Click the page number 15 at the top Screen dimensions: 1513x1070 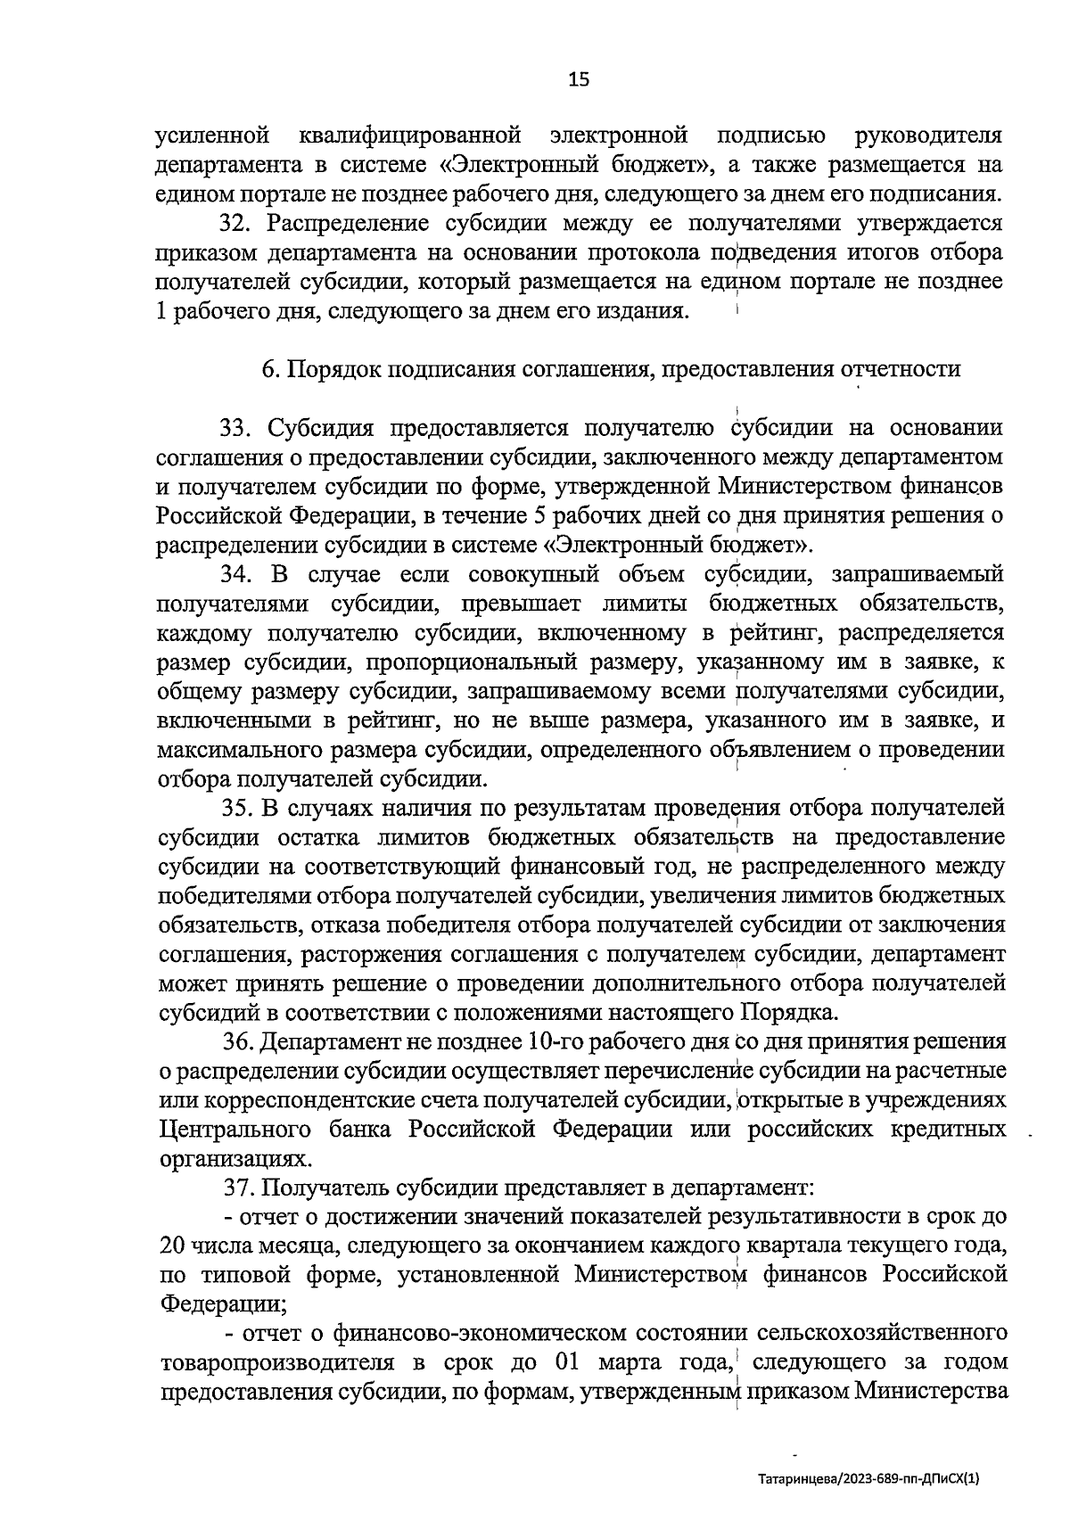(x=579, y=80)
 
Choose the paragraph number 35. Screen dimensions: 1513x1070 (x=238, y=808)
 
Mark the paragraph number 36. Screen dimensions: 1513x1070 (x=238, y=1041)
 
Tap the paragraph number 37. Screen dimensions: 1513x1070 (x=238, y=1188)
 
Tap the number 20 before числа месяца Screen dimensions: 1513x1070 (x=173, y=1246)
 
